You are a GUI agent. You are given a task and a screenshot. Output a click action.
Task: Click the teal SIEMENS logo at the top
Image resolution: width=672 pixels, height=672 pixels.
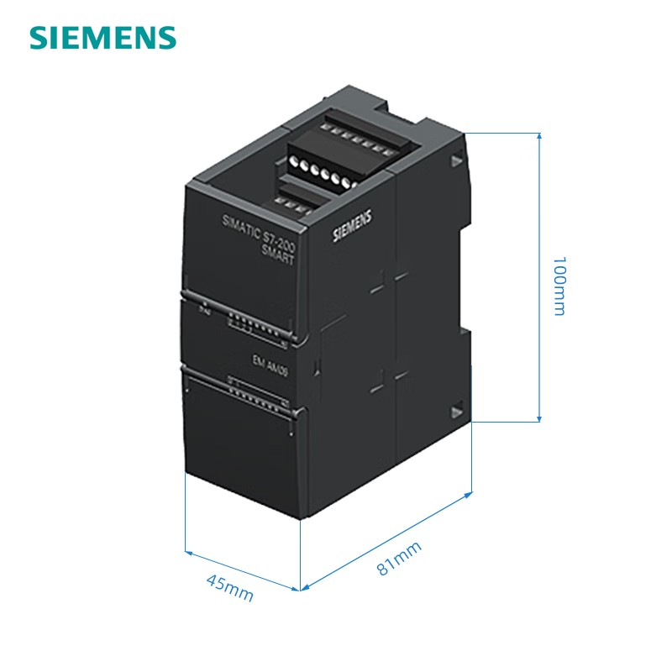103,37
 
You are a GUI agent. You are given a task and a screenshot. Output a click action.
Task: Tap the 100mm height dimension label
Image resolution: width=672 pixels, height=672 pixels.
559,286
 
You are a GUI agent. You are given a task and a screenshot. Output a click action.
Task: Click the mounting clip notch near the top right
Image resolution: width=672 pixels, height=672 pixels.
457,159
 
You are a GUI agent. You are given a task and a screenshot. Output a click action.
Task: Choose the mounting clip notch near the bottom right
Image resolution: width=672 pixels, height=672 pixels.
459,410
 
